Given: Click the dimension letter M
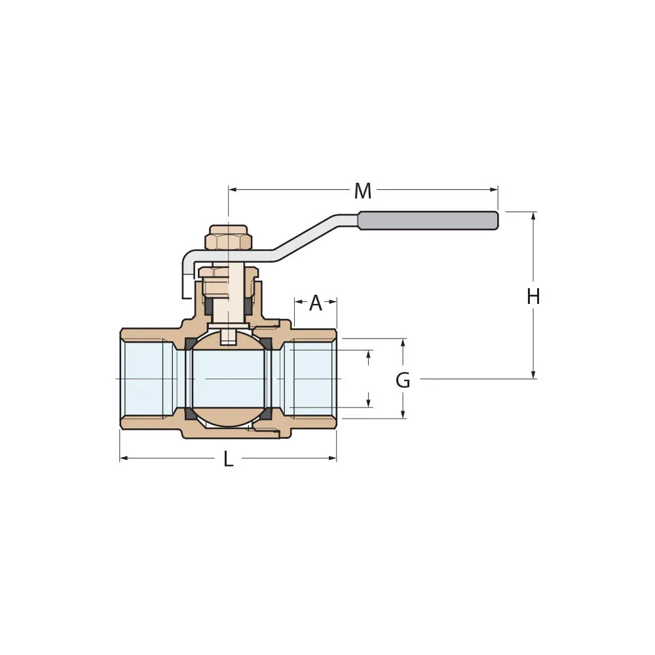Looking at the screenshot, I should (x=362, y=191).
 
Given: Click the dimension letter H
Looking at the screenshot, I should (x=533, y=297).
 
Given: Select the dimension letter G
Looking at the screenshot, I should (x=403, y=380).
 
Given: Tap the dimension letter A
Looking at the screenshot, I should (x=316, y=303).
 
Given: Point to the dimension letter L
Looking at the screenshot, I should (x=228, y=459).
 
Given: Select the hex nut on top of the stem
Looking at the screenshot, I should (x=228, y=240).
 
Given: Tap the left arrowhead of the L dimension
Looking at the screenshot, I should (x=124, y=458).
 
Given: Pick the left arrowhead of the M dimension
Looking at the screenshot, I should (x=233, y=190).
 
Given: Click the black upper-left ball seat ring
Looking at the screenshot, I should (x=190, y=344).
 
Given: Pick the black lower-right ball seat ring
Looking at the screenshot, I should (x=267, y=414).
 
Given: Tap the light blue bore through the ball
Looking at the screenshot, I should (x=228, y=379).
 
